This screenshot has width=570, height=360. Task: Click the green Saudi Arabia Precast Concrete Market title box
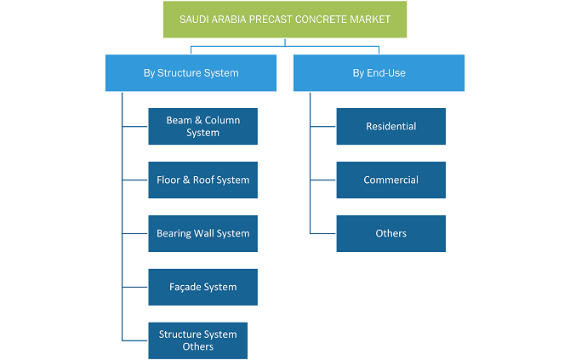pos(285,20)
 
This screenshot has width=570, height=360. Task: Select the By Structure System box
pos(191,72)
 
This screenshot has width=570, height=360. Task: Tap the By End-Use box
pos(379,72)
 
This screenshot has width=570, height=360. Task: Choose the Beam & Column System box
pos(202,126)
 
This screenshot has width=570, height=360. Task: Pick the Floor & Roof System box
pos(202,180)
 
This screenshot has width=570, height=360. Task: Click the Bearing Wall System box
pos(202,233)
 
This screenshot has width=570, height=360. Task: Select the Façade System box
pos(202,287)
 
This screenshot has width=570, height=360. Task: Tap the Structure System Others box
pos(197,340)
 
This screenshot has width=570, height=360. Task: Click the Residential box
pos(391,126)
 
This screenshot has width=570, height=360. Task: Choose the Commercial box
pos(391,180)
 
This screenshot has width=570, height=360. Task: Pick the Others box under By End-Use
pos(391,233)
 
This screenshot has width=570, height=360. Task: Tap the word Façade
pos(184,287)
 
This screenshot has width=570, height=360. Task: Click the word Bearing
pos(174,233)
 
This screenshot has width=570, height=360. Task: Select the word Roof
pos(203,180)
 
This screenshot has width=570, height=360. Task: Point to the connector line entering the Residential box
pos(323,127)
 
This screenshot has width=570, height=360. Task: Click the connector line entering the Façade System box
pos(135,287)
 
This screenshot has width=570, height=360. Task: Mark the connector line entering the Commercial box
pos(323,180)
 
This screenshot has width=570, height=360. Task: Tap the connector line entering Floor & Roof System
pos(135,180)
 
